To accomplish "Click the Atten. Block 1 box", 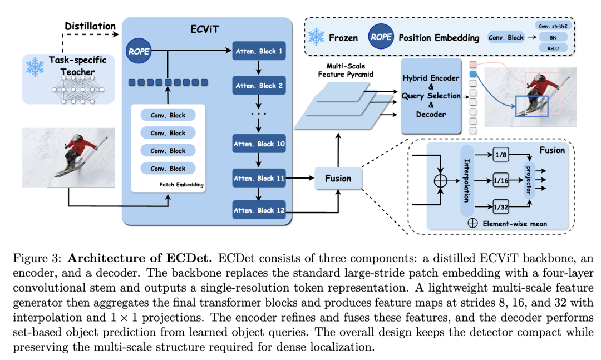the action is coord(259,51).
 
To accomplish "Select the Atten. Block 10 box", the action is coord(259,144).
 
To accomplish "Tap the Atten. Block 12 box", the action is coord(259,210).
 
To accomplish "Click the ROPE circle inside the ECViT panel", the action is coord(139,51).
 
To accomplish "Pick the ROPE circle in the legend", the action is coord(381,37).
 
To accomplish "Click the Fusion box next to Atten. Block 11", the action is coord(338,178).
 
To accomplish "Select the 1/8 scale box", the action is coord(501,155).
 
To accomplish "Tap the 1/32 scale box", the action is coord(501,207).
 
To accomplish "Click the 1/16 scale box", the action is coord(501,181).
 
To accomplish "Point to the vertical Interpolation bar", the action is coord(467,181).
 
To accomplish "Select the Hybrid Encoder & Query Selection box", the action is coord(431,96).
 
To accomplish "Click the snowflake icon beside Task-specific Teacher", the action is coord(35,67).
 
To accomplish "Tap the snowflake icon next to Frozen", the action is coord(316,37).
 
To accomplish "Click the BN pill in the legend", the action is coord(553,37).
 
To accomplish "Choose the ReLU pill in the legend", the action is coord(553,48).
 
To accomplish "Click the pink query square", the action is coord(473,65).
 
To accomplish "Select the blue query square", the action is coord(473,74).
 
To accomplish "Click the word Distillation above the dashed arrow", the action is coord(90,26).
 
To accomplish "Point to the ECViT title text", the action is coord(205,29).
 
